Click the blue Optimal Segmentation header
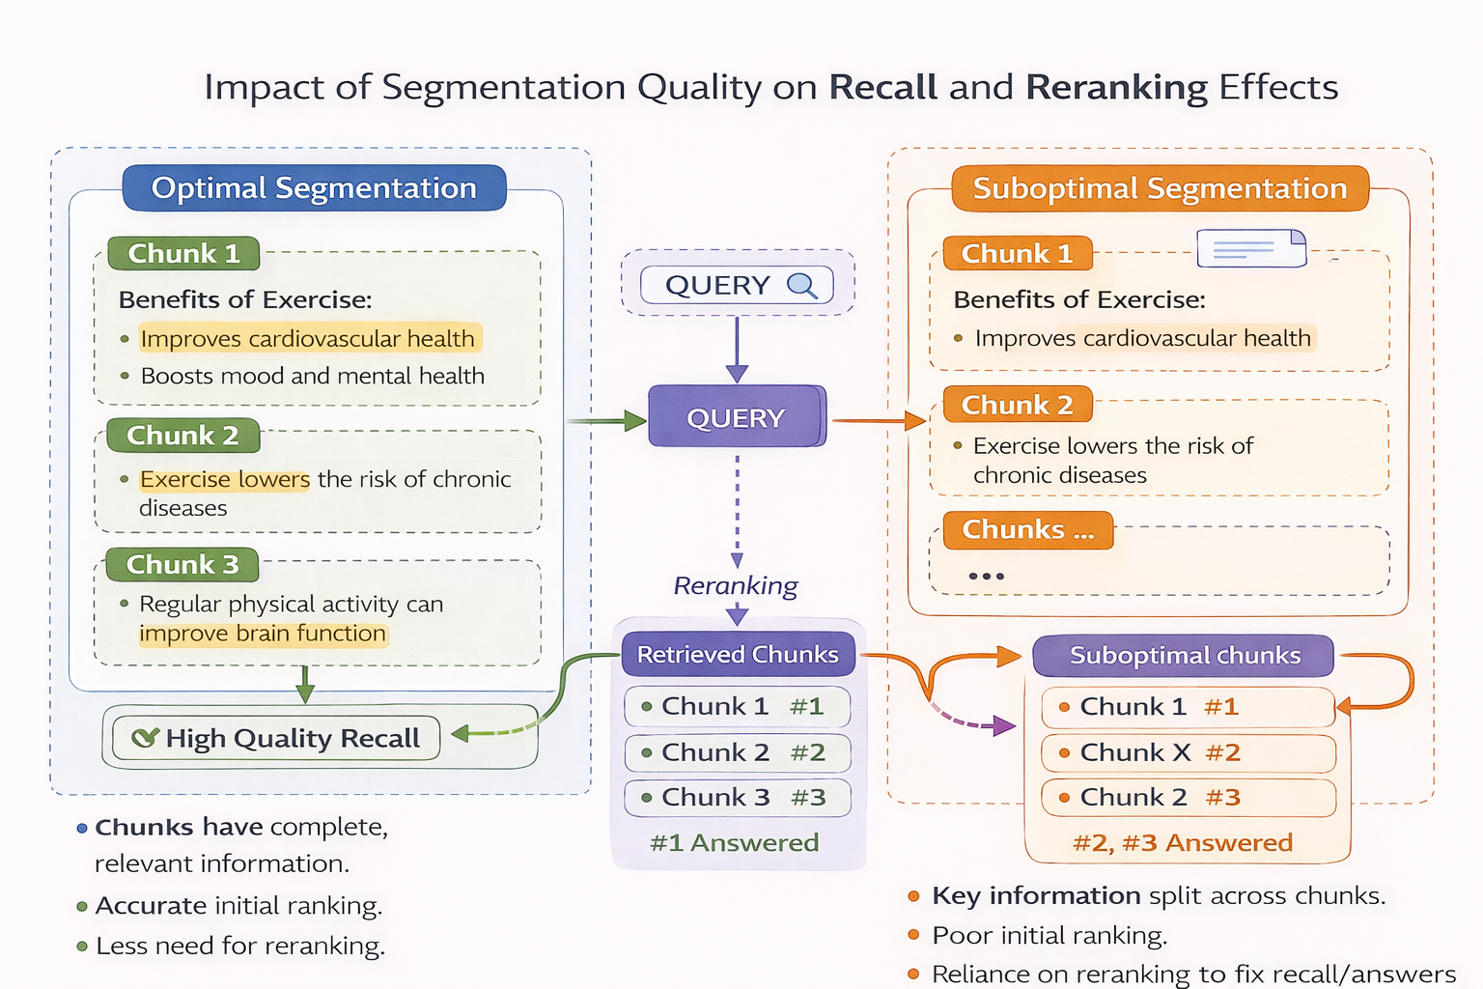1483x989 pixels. coord(314,187)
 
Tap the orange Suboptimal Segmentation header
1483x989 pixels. coord(1160,188)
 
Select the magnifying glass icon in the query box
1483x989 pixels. coord(801,285)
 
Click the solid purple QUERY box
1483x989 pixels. coord(737,417)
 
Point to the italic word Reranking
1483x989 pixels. coord(736,585)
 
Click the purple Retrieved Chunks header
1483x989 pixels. coord(738,654)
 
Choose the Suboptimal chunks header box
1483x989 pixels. coord(1184,655)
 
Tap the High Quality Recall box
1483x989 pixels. coord(276,738)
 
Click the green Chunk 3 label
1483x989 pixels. coord(182,564)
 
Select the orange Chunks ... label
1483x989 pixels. coord(1027,529)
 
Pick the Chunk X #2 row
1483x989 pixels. coord(1188,752)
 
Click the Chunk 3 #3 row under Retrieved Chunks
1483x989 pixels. coord(738,798)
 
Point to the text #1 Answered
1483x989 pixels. coord(734,842)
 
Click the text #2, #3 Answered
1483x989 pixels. coord(1182,842)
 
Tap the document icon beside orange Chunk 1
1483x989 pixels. coord(1250,248)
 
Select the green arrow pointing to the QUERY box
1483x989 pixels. coord(606,420)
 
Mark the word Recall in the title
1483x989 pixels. coord(882,87)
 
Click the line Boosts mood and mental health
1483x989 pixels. coord(312,376)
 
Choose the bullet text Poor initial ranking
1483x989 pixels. coord(1049,935)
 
